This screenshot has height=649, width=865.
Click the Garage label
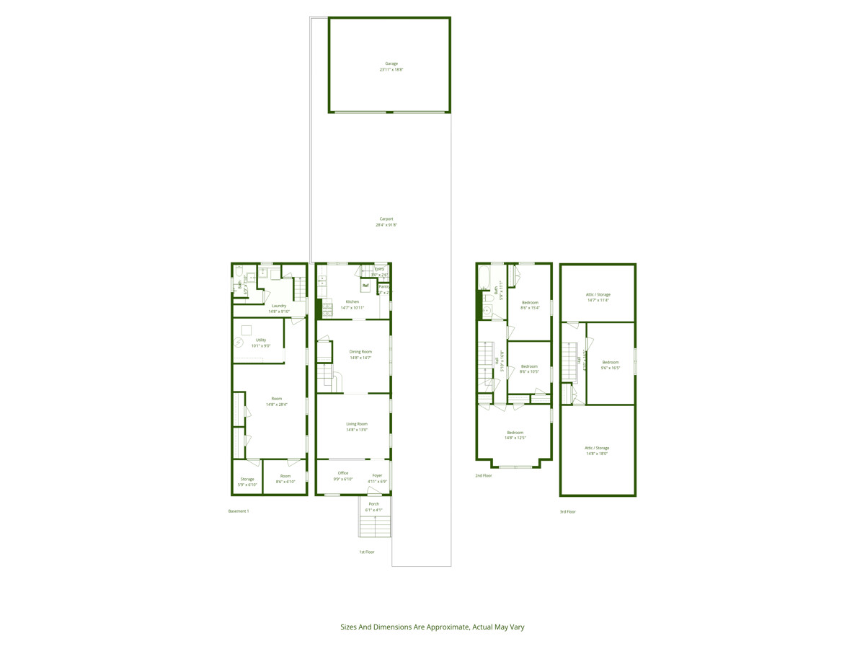click(x=391, y=63)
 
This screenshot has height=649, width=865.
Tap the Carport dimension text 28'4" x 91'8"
click(x=386, y=225)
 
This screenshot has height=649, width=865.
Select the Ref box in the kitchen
click(x=365, y=286)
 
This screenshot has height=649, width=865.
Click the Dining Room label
click(x=360, y=351)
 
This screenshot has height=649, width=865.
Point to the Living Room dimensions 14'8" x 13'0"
click(x=357, y=431)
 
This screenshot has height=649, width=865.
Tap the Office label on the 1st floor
click(x=343, y=473)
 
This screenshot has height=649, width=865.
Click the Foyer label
click(x=377, y=475)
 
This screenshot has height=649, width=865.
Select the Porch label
click(x=373, y=504)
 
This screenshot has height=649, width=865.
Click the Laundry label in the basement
click(x=279, y=306)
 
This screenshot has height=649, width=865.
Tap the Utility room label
click(x=261, y=340)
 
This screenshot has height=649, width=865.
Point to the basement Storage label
click(x=247, y=479)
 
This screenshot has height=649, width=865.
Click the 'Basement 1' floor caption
click(x=239, y=511)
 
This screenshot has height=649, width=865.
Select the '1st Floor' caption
click(x=367, y=552)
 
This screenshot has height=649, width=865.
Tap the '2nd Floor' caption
click(x=484, y=476)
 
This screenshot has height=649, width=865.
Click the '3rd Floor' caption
click(x=567, y=511)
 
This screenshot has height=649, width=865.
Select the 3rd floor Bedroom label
click(x=611, y=362)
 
